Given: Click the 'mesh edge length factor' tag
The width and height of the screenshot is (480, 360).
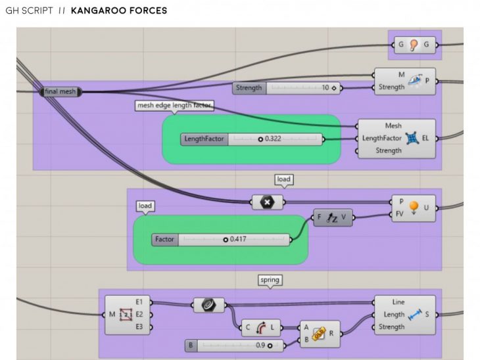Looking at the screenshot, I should click(x=174, y=105).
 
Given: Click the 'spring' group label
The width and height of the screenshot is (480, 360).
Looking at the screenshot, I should click(x=270, y=280).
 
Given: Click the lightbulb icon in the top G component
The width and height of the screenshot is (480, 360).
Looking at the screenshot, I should click(x=414, y=44).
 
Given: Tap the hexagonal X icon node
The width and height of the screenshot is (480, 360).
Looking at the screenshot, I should click(x=268, y=202).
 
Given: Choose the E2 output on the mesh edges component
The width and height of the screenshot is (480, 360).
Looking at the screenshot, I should click(x=139, y=314).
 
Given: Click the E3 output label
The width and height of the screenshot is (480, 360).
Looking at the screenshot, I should click(x=139, y=326).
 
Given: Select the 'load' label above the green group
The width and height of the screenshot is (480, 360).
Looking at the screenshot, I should click(x=145, y=206).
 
